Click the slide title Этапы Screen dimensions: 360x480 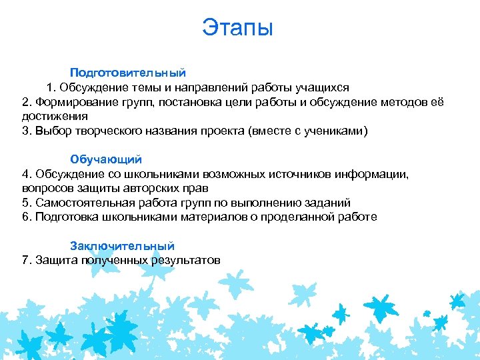[x=238, y=28]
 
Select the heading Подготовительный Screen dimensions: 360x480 [x=128, y=72]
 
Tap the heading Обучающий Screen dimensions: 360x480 [x=106, y=159]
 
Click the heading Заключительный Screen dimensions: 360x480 [x=123, y=245]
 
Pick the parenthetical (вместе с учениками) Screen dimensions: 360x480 [x=308, y=131]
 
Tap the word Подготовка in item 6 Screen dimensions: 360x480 [x=65, y=217]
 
